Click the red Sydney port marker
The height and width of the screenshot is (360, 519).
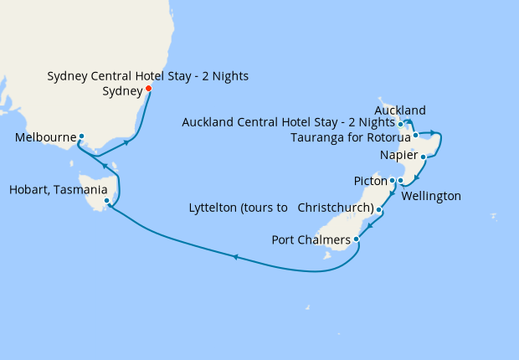click(148, 89)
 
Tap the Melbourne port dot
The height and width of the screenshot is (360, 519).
click(81, 136)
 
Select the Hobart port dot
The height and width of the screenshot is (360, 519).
click(106, 201)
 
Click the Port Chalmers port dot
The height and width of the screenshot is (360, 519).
click(357, 239)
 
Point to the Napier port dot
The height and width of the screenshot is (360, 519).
click(424, 157)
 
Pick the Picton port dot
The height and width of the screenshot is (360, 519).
click(392, 180)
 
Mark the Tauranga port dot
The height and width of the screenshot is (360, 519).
click(415, 134)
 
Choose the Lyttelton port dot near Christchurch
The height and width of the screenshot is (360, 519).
click(379, 210)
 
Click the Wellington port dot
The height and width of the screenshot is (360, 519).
click(400, 181)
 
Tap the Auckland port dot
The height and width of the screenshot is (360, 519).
click(401, 124)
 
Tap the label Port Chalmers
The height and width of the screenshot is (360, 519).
click(311, 241)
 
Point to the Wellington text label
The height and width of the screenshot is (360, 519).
click(431, 197)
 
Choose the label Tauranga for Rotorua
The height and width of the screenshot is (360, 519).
click(350, 137)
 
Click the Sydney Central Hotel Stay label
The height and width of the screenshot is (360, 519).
click(147, 77)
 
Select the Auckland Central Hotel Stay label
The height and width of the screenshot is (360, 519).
click(289, 123)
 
